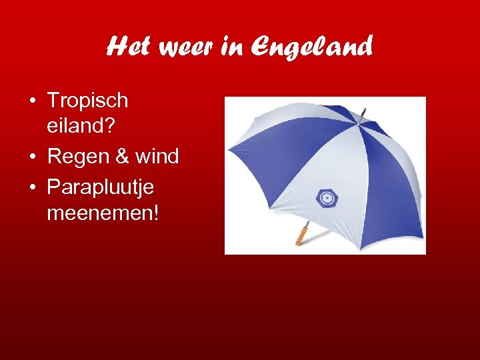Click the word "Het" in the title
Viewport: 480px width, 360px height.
127,47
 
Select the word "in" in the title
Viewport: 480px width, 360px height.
233,47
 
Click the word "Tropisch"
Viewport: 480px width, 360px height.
87,101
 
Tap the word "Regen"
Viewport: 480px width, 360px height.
79,158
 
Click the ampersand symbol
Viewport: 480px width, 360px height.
123,157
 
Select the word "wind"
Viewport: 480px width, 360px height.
157,157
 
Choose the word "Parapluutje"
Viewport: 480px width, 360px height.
100,188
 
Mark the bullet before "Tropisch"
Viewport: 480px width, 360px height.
33,101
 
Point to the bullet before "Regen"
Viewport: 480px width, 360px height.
33,157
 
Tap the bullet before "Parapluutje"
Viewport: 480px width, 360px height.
33,187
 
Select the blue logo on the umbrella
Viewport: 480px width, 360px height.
327,198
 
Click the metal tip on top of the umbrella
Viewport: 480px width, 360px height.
362,114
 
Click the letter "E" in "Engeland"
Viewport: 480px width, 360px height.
263,47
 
